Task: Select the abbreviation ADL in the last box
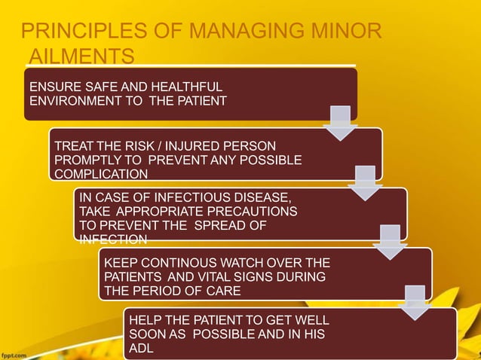141,349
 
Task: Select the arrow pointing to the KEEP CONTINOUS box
390,242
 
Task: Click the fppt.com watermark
15,352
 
